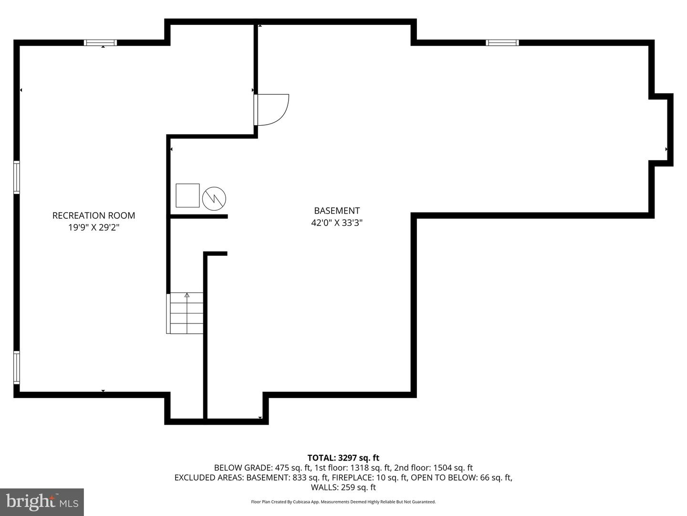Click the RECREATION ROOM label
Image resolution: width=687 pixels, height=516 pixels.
coord(94,215)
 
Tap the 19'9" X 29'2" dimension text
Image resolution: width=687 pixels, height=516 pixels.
coord(94,227)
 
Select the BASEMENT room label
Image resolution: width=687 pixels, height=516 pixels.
coord(337,211)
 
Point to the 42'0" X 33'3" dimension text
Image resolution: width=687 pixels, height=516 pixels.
coord(337,223)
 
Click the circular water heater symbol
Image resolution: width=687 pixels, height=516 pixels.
coord(214,198)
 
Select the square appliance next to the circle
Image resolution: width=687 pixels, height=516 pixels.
coord(187,195)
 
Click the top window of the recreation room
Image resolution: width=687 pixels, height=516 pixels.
coord(100,43)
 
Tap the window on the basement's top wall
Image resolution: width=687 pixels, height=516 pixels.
coord(502,43)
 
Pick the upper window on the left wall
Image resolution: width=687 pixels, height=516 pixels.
coord(17,177)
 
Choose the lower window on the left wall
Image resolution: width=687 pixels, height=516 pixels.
coord(17,367)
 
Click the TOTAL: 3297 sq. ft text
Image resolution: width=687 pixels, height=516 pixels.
coord(343,458)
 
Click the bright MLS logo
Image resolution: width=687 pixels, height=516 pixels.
coord(42,502)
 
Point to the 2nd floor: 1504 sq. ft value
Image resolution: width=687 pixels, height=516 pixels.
coord(433,468)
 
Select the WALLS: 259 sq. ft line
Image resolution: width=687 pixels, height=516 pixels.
coord(343,487)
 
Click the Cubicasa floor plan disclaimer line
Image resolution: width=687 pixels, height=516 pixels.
coord(343,502)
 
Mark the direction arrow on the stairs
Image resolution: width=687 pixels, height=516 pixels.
coord(187,295)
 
